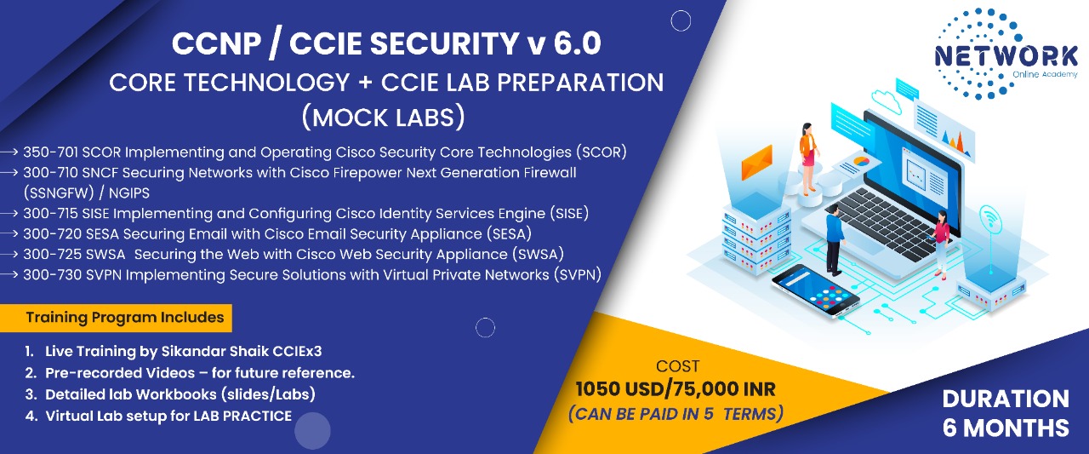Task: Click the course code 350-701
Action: pyautogui.click(x=50, y=152)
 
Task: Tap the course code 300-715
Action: pyautogui.click(x=50, y=214)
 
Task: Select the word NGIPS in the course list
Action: pyautogui.click(x=128, y=193)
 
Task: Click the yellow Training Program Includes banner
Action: pyautogui.click(x=116, y=318)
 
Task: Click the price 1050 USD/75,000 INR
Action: pyautogui.click(x=676, y=389)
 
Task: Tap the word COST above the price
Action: pyautogui.click(x=678, y=366)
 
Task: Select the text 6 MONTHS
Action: pyautogui.click(x=1006, y=428)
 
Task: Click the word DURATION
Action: pyautogui.click(x=1006, y=399)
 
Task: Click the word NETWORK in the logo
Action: pyautogui.click(x=1006, y=56)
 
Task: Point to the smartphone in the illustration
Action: pyautogui.click(x=815, y=291)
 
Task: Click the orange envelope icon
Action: pyautogui.click(x=756, y=163)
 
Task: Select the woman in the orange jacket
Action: pyautogui.click(x=808, y=158)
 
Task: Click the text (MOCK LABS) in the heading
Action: pyautogui.click(x=384, y=118)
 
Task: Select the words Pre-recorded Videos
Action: pyautogui.click(x=120, y=373)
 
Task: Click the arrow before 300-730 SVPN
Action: pyautogui.click(x=9, y=275)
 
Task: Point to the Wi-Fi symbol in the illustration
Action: pyautogui.click(x=989, y=219)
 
